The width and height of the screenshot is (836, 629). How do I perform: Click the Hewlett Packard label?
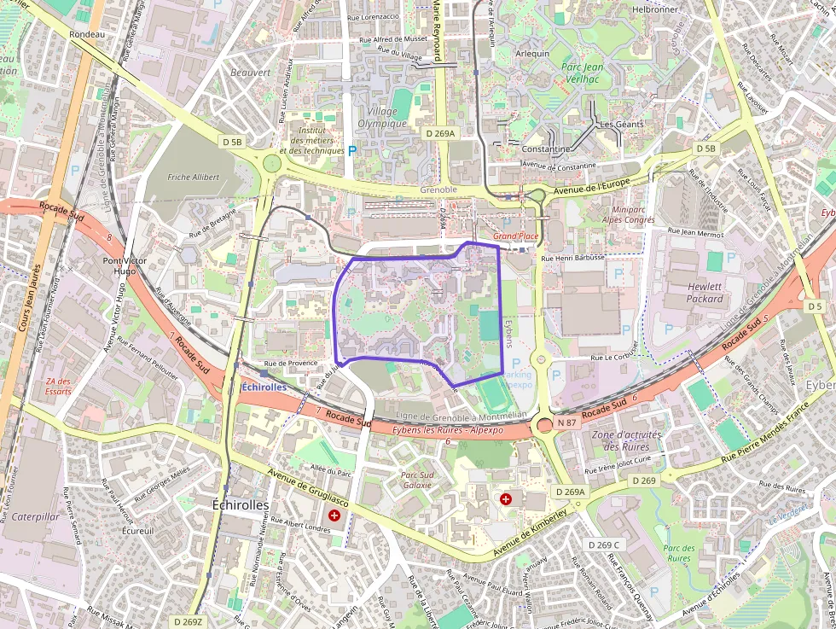[705, 293]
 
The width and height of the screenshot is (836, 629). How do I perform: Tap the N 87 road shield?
[567, 422]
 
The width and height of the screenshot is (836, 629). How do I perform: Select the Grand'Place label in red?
[516, 236]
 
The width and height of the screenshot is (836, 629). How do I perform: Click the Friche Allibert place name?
[194, 178]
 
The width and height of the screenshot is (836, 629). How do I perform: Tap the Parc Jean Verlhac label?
[583, 73]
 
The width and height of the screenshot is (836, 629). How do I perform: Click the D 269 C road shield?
[604, 545]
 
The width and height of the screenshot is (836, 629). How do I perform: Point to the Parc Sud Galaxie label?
[418, 479]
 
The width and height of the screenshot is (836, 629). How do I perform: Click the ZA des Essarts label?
[59, 386]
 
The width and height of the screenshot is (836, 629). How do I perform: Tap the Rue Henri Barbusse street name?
[572, 257]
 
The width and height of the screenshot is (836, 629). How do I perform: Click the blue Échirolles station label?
[264, 387]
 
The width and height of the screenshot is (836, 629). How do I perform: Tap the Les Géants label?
[621, 125]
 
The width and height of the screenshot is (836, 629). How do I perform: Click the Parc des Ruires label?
[679, 553]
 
